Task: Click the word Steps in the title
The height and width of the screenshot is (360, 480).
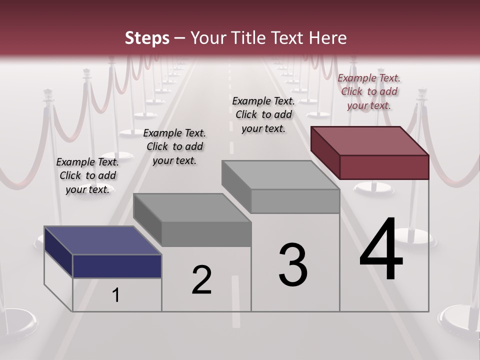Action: [x=147, y=38]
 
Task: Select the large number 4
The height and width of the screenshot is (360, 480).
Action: [x=381, y=249]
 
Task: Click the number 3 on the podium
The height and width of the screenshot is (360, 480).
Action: [x=293, y=265]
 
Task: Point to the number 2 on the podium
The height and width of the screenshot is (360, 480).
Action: [x=202, y=280]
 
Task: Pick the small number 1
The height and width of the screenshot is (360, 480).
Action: [x=116, y=295]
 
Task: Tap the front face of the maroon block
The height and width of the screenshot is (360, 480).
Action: [x=384, y=167]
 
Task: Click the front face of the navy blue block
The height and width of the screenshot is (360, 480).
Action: [x=117, y=266]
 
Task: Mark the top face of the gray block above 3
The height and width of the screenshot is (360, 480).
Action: [x=280, y=174]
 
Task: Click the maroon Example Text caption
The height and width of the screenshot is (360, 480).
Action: [x=369, y=91]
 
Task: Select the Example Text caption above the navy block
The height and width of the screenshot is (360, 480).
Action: [x=87, y=175]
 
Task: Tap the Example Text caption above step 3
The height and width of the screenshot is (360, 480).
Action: [x=263, y=114]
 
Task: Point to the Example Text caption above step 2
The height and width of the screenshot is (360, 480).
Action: [x=174, y=146]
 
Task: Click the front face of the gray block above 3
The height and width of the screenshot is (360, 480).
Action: [x=295, y=201]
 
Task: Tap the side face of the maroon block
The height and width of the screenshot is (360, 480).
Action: [x=325, y=153]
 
